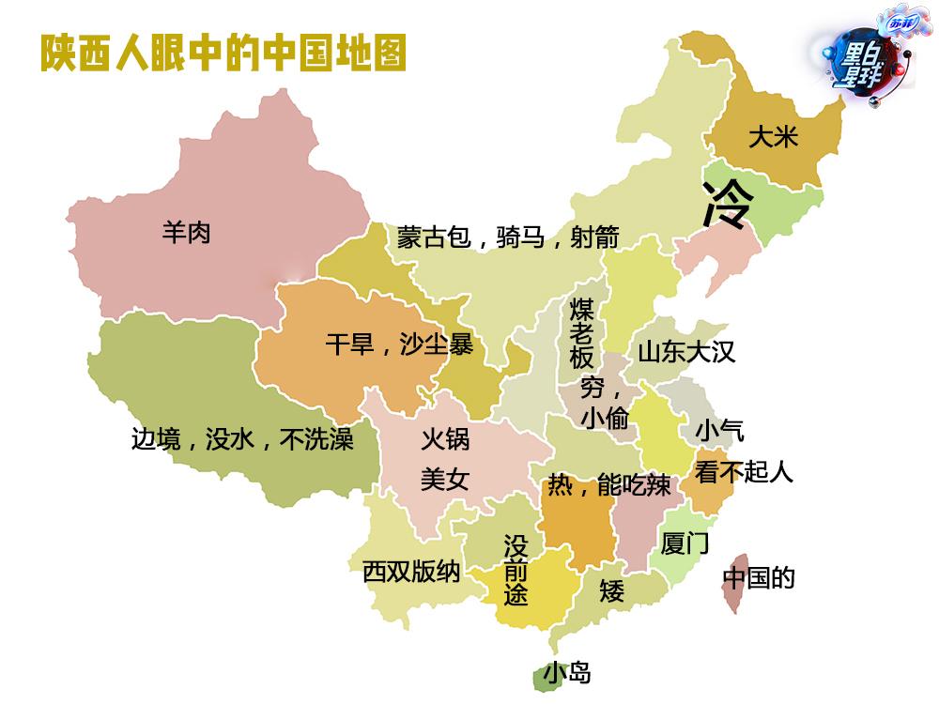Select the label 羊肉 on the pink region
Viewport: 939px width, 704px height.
click(x=186, y=232)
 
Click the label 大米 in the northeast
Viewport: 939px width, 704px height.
click(x=772, y=137)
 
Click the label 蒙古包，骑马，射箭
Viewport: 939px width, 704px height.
click(x=507, y=237)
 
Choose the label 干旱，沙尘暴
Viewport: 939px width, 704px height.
click(x=399, y=344)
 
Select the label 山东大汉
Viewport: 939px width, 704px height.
click(x=686, y=352)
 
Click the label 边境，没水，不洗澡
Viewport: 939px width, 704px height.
click(x=242, y=438)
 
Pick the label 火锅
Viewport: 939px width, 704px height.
click(x=444, y=438)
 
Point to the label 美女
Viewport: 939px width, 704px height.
click(x=444, y=480)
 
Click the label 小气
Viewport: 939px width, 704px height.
click(x=719, y=431)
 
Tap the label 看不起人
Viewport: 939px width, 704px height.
click(x=744, y=471)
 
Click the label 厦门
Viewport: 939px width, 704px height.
click(x=685, y=543)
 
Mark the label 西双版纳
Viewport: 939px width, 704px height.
click(x=411, y=571)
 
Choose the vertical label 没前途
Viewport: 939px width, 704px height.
click(x=516, y=570)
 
